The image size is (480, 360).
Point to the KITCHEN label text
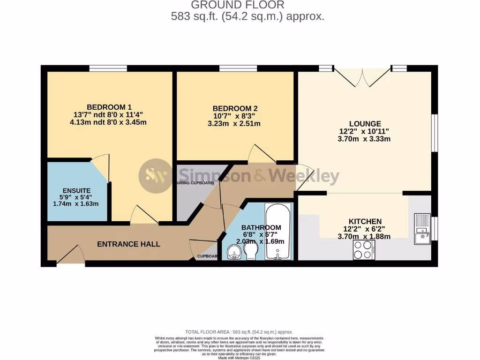click(365, 221)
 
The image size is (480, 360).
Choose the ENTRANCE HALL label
click(128, 244)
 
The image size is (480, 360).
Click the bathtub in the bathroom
click(278, 231)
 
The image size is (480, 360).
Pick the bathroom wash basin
click(233, 254)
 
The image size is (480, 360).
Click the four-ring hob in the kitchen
click(364, 250)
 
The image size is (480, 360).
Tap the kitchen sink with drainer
click(422, 229)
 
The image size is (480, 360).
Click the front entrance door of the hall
click(71, 257)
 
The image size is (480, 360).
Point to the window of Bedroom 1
click(108, 68)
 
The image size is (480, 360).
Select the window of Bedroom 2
click(238, 68)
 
